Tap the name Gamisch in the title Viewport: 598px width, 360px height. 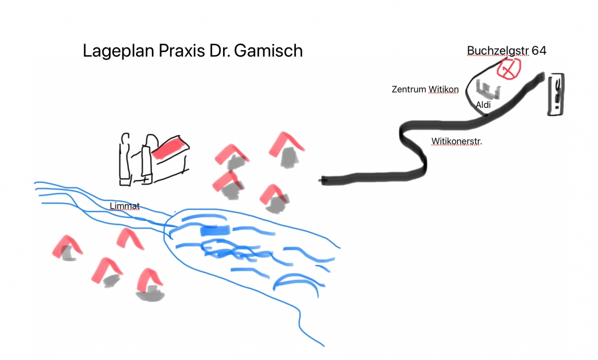coord(268,51)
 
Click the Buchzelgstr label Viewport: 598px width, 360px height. coord(497,51)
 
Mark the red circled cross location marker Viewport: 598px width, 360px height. coord(509,69)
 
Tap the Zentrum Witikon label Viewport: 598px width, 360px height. coord(425,90)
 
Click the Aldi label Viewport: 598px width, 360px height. coord(483,105)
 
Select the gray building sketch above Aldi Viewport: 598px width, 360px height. coord(488,90)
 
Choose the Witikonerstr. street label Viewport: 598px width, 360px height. coord(456,141)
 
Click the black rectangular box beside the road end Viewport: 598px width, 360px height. coord(556,94)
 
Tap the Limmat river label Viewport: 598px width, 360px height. coord(125,206)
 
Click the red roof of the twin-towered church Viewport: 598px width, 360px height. coord(171,148)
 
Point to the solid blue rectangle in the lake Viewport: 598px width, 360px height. coord(216,230)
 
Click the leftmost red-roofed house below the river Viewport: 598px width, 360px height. coord(68,248)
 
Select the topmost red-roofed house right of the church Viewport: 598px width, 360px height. coord(287,150)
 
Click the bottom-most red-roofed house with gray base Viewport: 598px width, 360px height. coord(150,285)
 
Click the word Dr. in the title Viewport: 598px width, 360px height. coord(219,51)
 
